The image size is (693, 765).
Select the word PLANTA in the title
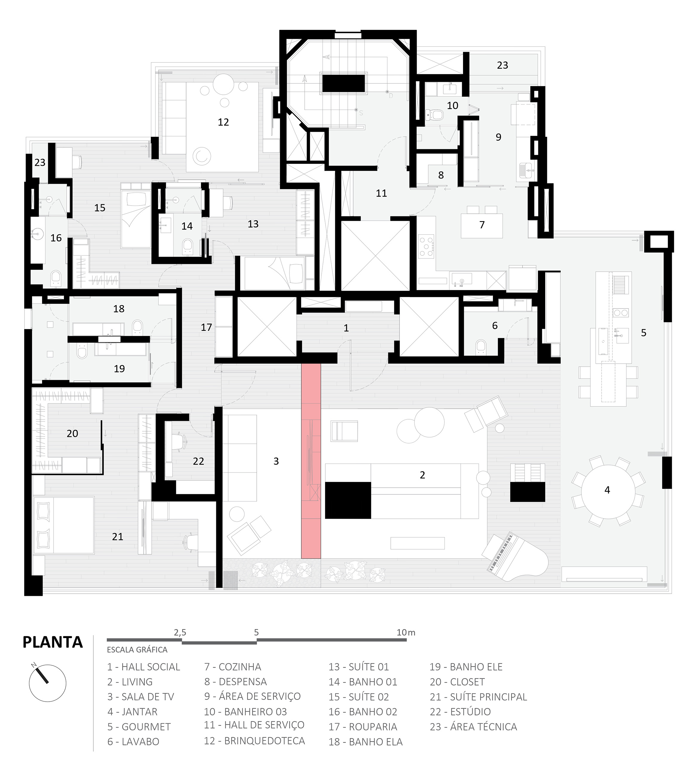53,642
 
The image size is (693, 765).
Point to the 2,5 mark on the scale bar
180,633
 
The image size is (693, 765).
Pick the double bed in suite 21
64,525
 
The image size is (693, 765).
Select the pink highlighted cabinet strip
311,461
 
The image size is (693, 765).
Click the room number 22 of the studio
198,461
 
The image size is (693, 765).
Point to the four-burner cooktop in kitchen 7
426,246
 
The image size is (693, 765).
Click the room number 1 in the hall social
346,328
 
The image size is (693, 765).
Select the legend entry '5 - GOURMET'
139,727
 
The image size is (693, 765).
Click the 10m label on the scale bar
406,633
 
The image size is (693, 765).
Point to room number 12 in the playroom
223,122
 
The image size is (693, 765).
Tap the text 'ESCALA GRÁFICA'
137,650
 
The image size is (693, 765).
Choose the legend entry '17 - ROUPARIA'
363,727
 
